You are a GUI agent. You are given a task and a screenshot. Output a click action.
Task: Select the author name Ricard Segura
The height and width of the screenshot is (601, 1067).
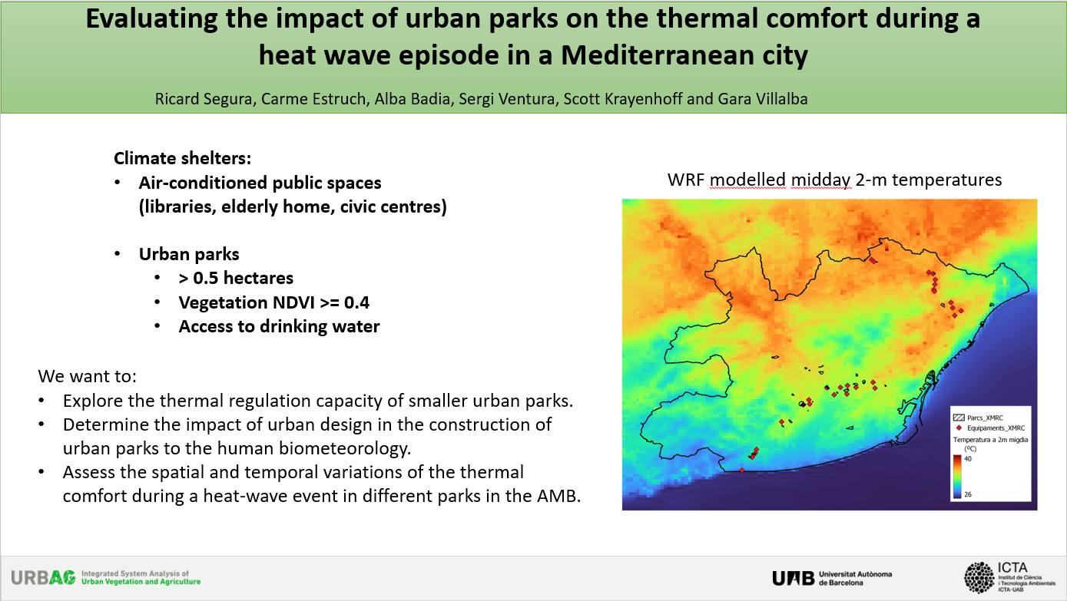204,99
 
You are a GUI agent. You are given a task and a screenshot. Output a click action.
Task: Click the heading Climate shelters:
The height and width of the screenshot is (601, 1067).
182,158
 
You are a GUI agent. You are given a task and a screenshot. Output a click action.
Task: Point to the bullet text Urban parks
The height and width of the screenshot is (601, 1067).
189,254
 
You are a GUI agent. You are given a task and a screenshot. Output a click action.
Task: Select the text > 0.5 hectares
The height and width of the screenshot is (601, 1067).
236,278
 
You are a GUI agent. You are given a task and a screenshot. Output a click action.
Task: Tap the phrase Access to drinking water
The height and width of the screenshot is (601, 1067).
279,326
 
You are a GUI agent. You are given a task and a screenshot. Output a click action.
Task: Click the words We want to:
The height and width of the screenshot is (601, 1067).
87,376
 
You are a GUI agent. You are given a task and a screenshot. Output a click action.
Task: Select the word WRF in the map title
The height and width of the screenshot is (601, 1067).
685,180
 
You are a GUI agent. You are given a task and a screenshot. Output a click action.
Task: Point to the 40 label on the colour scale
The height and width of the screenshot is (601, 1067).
968,459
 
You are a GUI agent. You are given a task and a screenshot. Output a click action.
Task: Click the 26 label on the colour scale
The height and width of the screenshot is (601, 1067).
968,494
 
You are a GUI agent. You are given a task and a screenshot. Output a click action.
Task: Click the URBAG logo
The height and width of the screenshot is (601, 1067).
43,578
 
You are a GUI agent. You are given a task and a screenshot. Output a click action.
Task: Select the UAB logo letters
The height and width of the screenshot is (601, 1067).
793,578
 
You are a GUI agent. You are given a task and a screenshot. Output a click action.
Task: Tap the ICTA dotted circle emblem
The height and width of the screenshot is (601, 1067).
979,578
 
